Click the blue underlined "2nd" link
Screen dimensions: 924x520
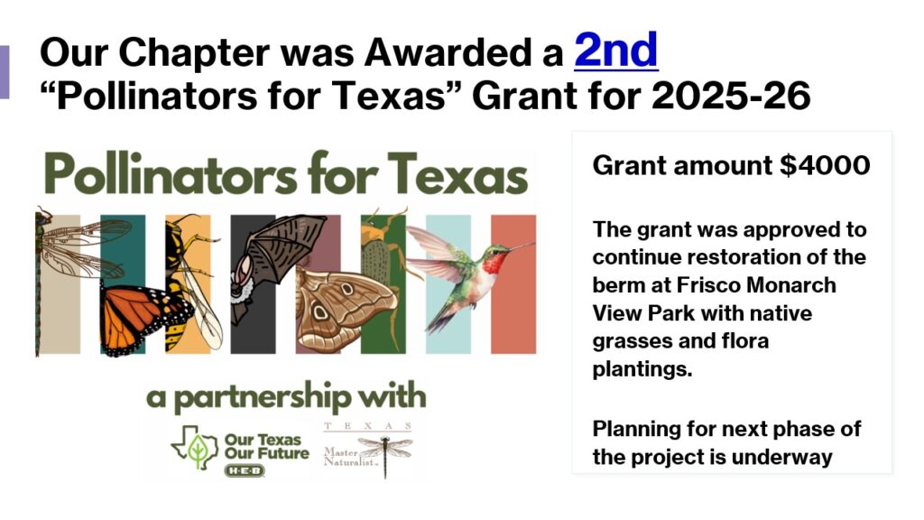pyautogui.click(x=615, y=51)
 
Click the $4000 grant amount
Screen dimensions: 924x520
pyautogui.click(x=825, y=166)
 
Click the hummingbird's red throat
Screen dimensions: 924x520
pyautogui.click(x=494, y=262)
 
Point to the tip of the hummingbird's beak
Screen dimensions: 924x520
pyautogui.click(x=534, y=242)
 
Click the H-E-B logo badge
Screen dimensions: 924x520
pyautogui.click(x=245, y=470)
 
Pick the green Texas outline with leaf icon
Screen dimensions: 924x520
pyautogui.click(x=195, y=448)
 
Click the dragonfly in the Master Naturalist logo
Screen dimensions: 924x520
pyautogui.click(x=384, y=454)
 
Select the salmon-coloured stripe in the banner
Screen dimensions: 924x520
pyautogui.click(x=513, y=284)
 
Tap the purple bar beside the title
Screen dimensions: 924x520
pyautogui.click(x=5, y=72)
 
